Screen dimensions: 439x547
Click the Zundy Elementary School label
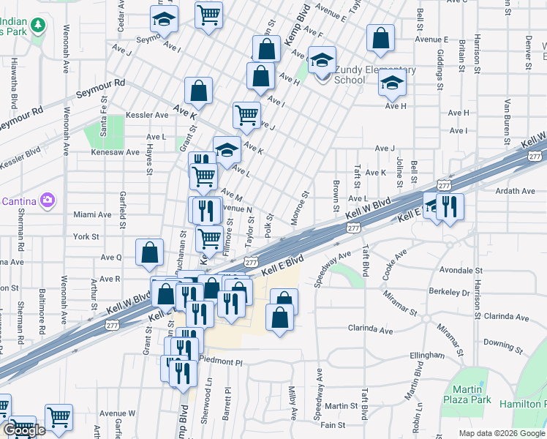click(x=375, y=75)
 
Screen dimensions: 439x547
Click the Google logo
click(x=25, y=430)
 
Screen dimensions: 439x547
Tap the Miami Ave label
click(x=92, y=215)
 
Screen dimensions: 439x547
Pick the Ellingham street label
click(x=427, y=355)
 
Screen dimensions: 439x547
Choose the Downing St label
click(x=501, y=343)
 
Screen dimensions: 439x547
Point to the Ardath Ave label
click(x=516, y=191)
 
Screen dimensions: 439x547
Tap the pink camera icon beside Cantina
click(x=48, y=200)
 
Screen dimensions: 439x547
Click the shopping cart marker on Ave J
click(x=246, y=114)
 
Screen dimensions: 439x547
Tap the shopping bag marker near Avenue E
click(x=381, y=39)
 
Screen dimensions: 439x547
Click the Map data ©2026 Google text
click(x=502, y=433)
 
